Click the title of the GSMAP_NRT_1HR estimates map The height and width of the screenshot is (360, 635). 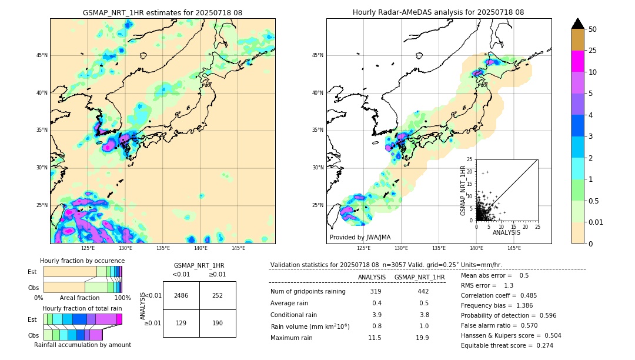pyautogui.click(x=162, y=12)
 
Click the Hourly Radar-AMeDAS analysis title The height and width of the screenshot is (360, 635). pyautogui.click(x=438, y=12)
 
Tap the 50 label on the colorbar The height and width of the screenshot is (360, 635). pyautogui.click(x=593, y=29)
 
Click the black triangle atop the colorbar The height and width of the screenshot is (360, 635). pyautogui.click(x=578, y=24)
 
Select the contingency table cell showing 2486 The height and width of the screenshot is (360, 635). pyautogui.click(x=181, y=295)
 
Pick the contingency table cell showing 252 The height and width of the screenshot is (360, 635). pyautogui.click(x=218, y=295)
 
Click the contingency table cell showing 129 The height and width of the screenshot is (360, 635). pyautogui.click(x=181, y=324)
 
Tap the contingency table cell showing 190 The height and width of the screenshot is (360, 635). pyautogui.click(x=218, y=324)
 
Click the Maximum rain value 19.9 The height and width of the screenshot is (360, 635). pyautogui.click(x=422, y=338)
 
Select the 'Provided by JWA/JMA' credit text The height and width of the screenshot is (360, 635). pyautogui.click(x=360, y=238)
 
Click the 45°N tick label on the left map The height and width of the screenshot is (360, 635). pyautogui.click(x=42, y=55)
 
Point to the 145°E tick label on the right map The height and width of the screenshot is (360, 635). pyautogui.click(x=514, y=248)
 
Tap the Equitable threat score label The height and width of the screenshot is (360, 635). pyautogui.click(x=495, y=345)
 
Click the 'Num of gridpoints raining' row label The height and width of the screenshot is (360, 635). pyautogui.click(x=308, y=292)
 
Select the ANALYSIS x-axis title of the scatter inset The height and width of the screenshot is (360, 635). pyautogui.click(x=506, y=232)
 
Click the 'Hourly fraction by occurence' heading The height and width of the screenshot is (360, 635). pyautogui.click(x=82, y=261)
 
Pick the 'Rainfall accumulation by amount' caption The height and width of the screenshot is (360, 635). pyautogui.click(x=82, y=345)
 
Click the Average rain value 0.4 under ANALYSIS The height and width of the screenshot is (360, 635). pyautogui.click(x=376, y=303)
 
